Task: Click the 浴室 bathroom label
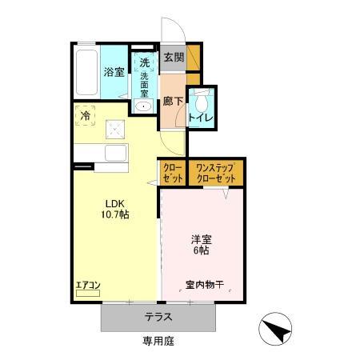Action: point(114,72)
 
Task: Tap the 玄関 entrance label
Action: point(174,57)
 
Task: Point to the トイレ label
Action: point(200,118)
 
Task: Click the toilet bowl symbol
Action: point(206,101)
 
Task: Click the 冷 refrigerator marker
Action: point(86,115)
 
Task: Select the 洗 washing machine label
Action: point(144,62)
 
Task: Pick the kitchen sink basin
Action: point(117,152)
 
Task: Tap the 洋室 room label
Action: point(201,238)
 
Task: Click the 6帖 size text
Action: point(201,250)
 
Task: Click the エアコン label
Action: point(87,284)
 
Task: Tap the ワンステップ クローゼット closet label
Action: point(215,173)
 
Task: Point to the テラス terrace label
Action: point(158,317)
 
